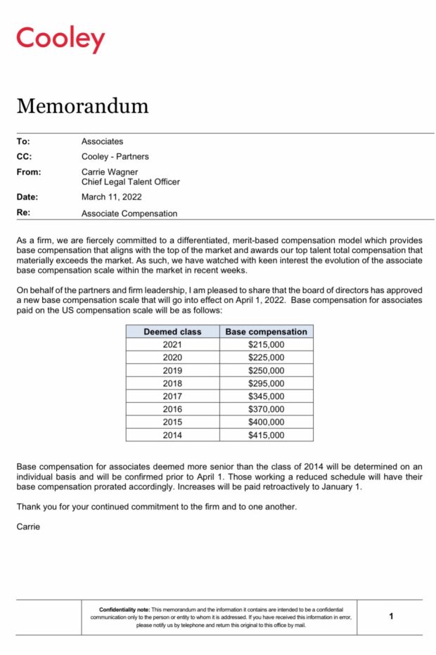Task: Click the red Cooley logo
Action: pos(60,39)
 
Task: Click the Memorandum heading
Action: pos(82,105)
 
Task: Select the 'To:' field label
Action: pos(23,141)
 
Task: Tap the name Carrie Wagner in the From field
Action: pos(110,171)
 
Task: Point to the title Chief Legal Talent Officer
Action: pos(130,182)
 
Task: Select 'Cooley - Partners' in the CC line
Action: pos(115,157)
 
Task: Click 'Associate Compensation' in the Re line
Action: pos(129,214)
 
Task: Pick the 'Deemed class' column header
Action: pos(172,332)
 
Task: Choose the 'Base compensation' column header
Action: pos(266,332)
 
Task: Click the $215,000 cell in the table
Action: pos(266,345)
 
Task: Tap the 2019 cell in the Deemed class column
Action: pos(172,370)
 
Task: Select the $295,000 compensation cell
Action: pos(266,384)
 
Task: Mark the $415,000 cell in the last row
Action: pos(266,435)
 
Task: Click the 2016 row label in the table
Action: pos(172,409)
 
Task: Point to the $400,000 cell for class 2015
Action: pos(266,422)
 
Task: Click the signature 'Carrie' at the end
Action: pos(28,526)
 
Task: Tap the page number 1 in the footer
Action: pos(391,616)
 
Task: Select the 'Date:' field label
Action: pos(27,197)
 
